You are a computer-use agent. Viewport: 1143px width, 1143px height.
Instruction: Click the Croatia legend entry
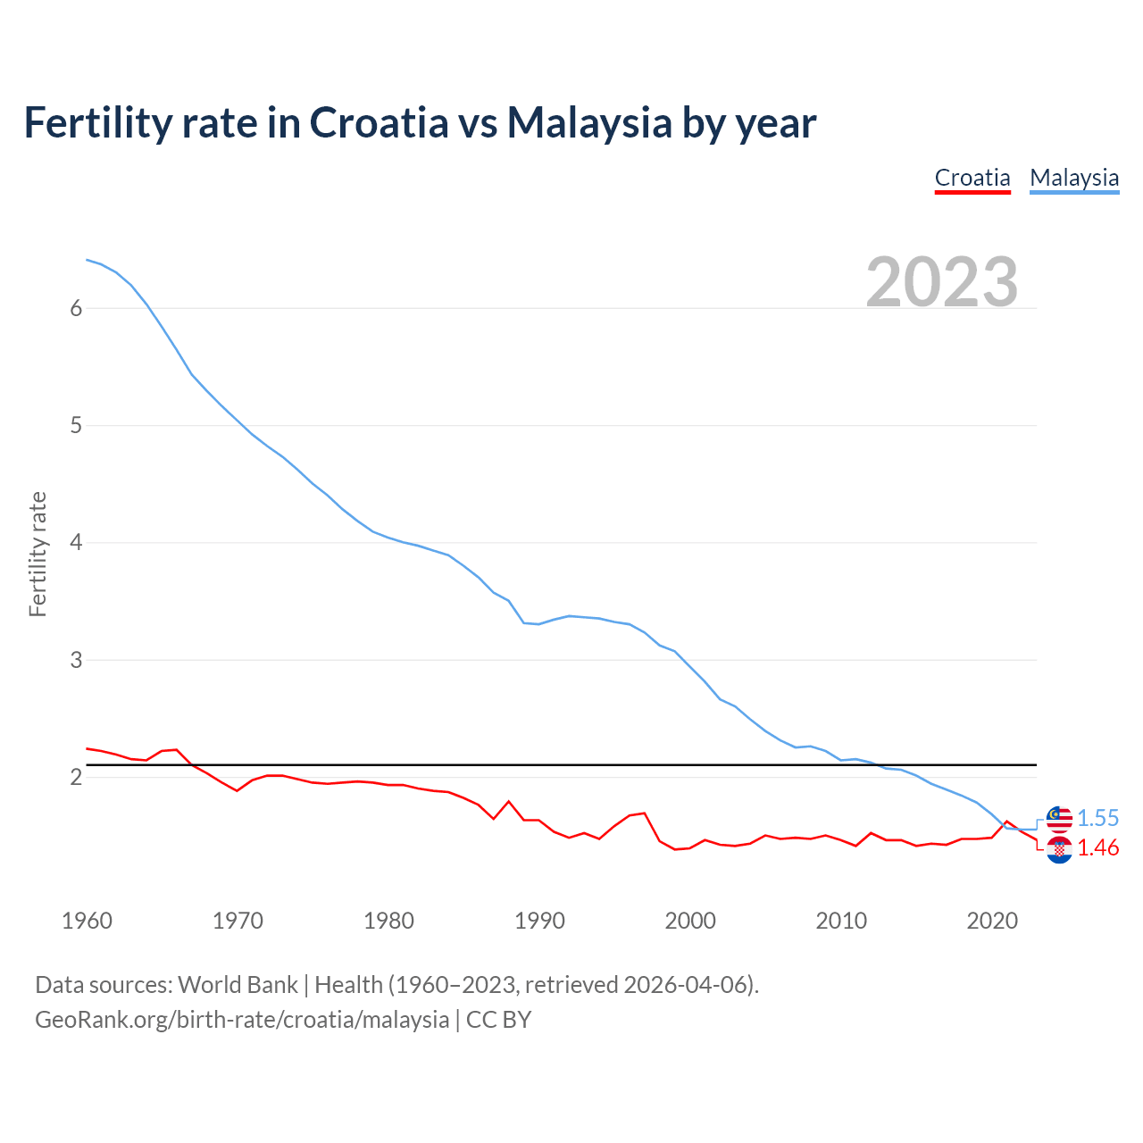click(x=972, y=178)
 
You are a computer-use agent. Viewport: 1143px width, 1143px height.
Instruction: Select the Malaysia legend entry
click(x=1074, y=178)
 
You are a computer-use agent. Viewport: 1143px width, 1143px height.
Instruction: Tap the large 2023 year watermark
click(x=942, y=282)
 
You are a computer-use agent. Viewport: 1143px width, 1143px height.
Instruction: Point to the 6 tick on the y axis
click(x=76, y=308)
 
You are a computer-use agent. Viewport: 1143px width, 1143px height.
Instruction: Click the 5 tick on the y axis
click(x=76, y=426)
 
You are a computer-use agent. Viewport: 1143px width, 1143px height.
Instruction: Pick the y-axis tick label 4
click(x=76, y=543)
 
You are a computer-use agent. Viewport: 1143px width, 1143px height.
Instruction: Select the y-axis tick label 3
click(x=76, y=660)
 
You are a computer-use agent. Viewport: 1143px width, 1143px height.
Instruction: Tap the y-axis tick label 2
click(x=76, y=778)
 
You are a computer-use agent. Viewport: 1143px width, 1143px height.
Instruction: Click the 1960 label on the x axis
click(x=87, y=921)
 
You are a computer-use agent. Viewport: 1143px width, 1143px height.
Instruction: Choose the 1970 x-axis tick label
click(x=238, y=921)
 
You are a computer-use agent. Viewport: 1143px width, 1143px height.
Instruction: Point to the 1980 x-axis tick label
click(x=388, y=921)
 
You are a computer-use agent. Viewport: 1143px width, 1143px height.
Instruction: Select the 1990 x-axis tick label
click(x=539, y=921)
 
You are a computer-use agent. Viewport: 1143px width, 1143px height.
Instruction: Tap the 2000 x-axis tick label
click(x=690, y=921)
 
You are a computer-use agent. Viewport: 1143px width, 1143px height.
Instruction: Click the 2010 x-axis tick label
click(x=841, y=921)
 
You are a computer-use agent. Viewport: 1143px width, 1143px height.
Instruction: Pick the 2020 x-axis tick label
click(x=992, y=921)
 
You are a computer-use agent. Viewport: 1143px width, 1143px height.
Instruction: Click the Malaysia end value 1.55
click(x=1097, y=818)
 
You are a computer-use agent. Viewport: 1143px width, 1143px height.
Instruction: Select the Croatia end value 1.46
click(x=1097, y=848)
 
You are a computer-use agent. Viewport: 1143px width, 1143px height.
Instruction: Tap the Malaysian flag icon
click(x=1059, y=817)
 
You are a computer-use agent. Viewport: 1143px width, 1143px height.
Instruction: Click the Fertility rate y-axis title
click(x=38, y=554)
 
